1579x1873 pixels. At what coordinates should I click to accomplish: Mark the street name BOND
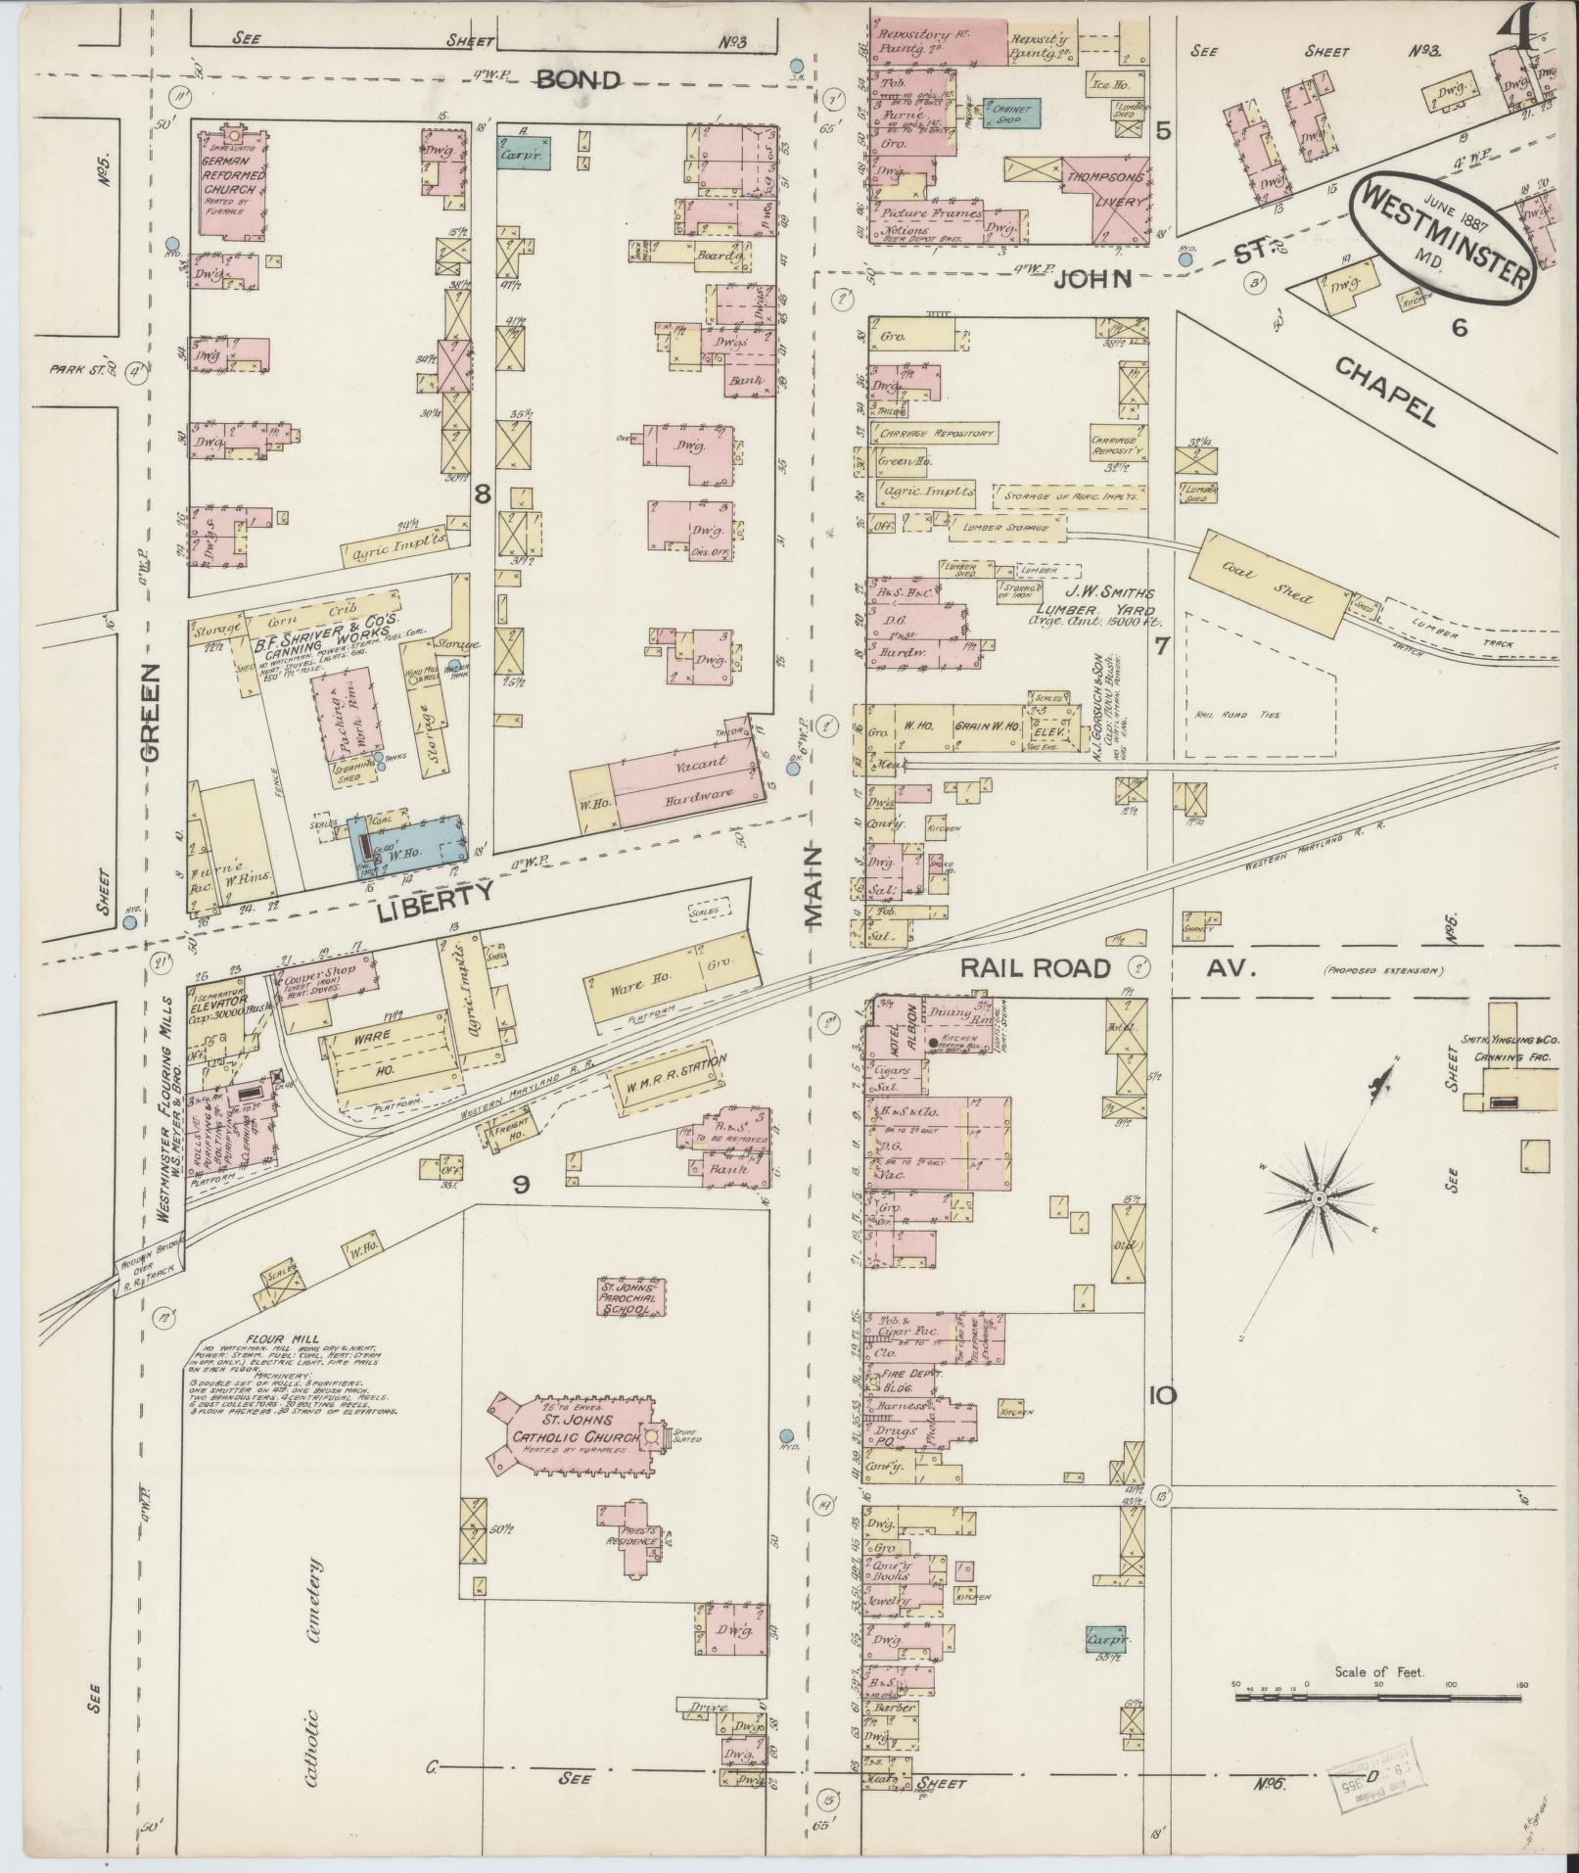578,80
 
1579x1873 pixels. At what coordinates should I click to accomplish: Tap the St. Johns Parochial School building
632,1297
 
